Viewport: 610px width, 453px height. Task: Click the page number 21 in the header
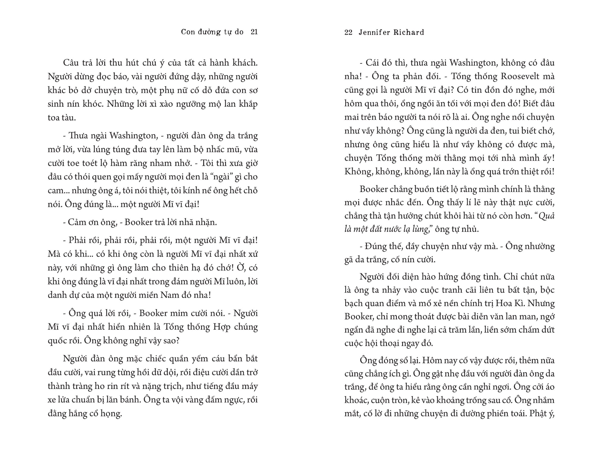254,32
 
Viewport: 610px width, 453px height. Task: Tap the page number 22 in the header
348,32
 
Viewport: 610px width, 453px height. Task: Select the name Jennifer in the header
374,32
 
